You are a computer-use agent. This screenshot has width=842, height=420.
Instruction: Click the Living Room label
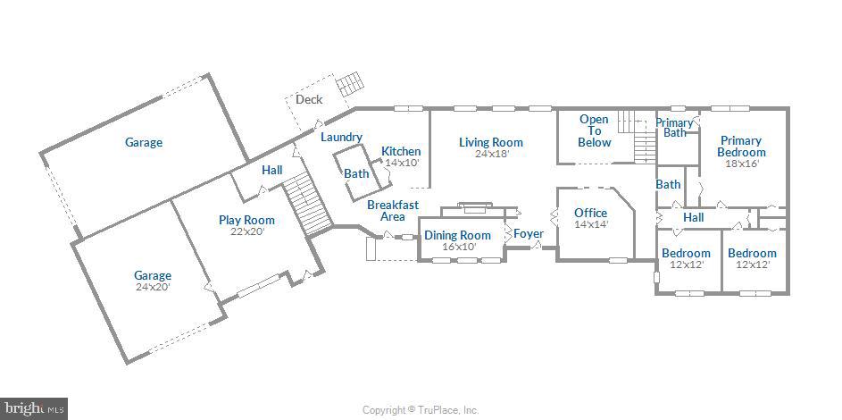(x=490, y=142)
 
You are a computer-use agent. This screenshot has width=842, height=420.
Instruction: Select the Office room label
(x=590, y=213)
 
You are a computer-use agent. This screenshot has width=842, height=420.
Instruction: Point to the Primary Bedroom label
(x=741, y=147)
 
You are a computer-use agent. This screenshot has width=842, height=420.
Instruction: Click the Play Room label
(x=246, y=220)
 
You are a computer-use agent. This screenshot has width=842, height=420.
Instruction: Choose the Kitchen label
(x=401, y=151)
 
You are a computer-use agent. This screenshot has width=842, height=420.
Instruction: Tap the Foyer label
(x=529, y=234)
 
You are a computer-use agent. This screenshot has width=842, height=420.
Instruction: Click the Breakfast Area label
(x=393, y=211)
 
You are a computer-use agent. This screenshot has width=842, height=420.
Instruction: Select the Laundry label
(x=341, y=137)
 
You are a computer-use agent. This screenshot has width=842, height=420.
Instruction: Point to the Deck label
(x=309, y=99)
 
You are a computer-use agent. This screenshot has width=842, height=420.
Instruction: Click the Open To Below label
(x=594, y=130)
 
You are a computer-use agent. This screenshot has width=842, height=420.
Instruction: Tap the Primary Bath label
(x=674, y=128)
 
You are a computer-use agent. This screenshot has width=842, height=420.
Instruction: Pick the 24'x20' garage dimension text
(x=153, y=287)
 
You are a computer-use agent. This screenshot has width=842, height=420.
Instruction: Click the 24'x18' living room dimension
(x=491, y=154)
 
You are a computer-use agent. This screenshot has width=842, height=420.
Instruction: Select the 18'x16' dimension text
(x=741, y=164)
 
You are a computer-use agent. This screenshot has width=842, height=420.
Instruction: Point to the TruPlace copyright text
(x=421, y=410)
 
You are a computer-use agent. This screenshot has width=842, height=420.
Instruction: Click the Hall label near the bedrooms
(x=693, y=217)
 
